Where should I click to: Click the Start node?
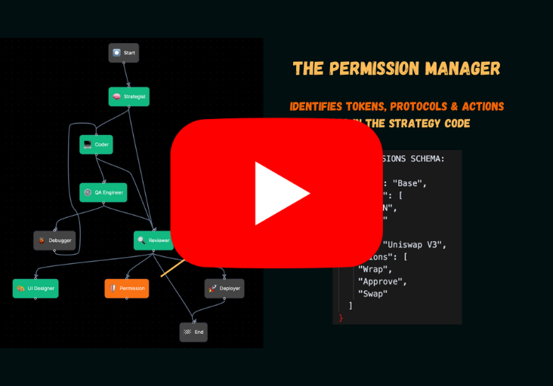click(x=123, y=53)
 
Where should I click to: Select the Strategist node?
click(x=128, y=96)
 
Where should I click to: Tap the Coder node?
click(x=96, y=144)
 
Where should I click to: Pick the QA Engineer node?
click(x=103, y=192)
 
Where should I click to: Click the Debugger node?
click(x=54, y=240)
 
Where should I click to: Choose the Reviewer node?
click(x=153, y=240)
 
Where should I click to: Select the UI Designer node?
click(x=35, y=288)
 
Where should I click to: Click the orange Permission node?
click(x=126, y=288)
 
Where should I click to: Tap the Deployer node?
click(x=224, y=288)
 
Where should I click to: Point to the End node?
click(x=193, y=332)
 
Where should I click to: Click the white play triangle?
click(x=280, y=193)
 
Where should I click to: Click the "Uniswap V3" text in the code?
click(x=416, y=244)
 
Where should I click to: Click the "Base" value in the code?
click(x=411, y=182)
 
